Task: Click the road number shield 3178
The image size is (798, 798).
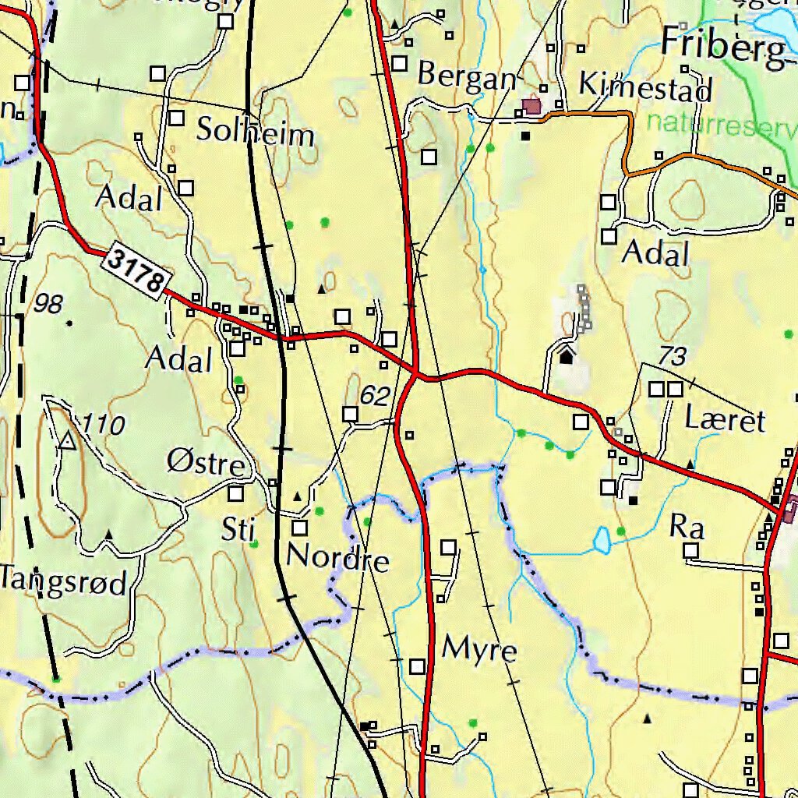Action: (137, 270)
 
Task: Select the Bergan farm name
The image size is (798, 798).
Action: (467, 76)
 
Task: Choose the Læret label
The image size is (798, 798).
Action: (725, 420)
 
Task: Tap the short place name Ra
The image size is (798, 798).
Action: (687, 528)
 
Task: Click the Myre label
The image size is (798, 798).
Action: (479, 648)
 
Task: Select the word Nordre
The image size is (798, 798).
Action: (337, 559)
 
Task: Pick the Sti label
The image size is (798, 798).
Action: (238, 530)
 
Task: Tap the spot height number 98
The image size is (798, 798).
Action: (48, 305)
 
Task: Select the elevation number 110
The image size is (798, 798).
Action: (103, 425)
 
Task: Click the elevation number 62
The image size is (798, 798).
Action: (374, 397)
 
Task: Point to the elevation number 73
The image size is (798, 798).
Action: (672, 357)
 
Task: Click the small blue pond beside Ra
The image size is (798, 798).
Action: (602, 539)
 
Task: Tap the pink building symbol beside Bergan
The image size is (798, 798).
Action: (532, 107)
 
